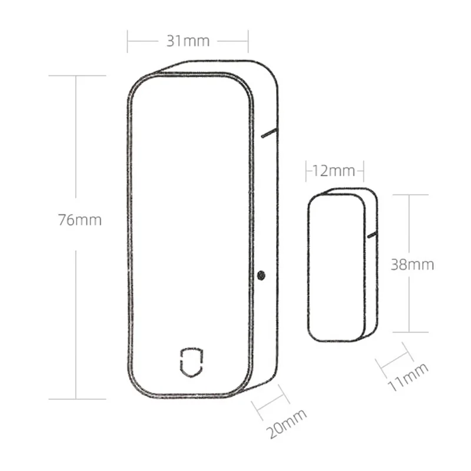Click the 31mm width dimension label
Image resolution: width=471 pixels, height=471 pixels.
[x=188, y=41]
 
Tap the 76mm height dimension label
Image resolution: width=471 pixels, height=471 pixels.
[x=79, y=220]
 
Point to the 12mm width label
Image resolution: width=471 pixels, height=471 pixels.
[x=334, y=171]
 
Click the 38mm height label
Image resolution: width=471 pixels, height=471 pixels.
[x=412, y=264]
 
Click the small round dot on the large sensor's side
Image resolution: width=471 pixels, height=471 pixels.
[x=261, y=274]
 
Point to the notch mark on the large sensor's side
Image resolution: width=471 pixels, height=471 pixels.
[x=268, y=133]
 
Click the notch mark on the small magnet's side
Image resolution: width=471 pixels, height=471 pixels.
[x=372, y=235]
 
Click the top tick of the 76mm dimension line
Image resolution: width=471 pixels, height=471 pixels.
[x=77, y=75]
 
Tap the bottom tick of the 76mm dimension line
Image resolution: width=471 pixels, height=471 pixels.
[x=77, y=399]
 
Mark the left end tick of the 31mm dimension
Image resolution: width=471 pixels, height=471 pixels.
[x=128, y=41]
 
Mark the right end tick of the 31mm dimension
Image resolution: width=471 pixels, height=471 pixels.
[x=248, y=41]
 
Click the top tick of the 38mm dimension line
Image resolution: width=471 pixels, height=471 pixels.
[x=410, y=195]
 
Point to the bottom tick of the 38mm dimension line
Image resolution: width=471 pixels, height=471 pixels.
[x=410, y=331]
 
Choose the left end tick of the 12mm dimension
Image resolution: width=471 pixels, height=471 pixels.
[x=307, y=171]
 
